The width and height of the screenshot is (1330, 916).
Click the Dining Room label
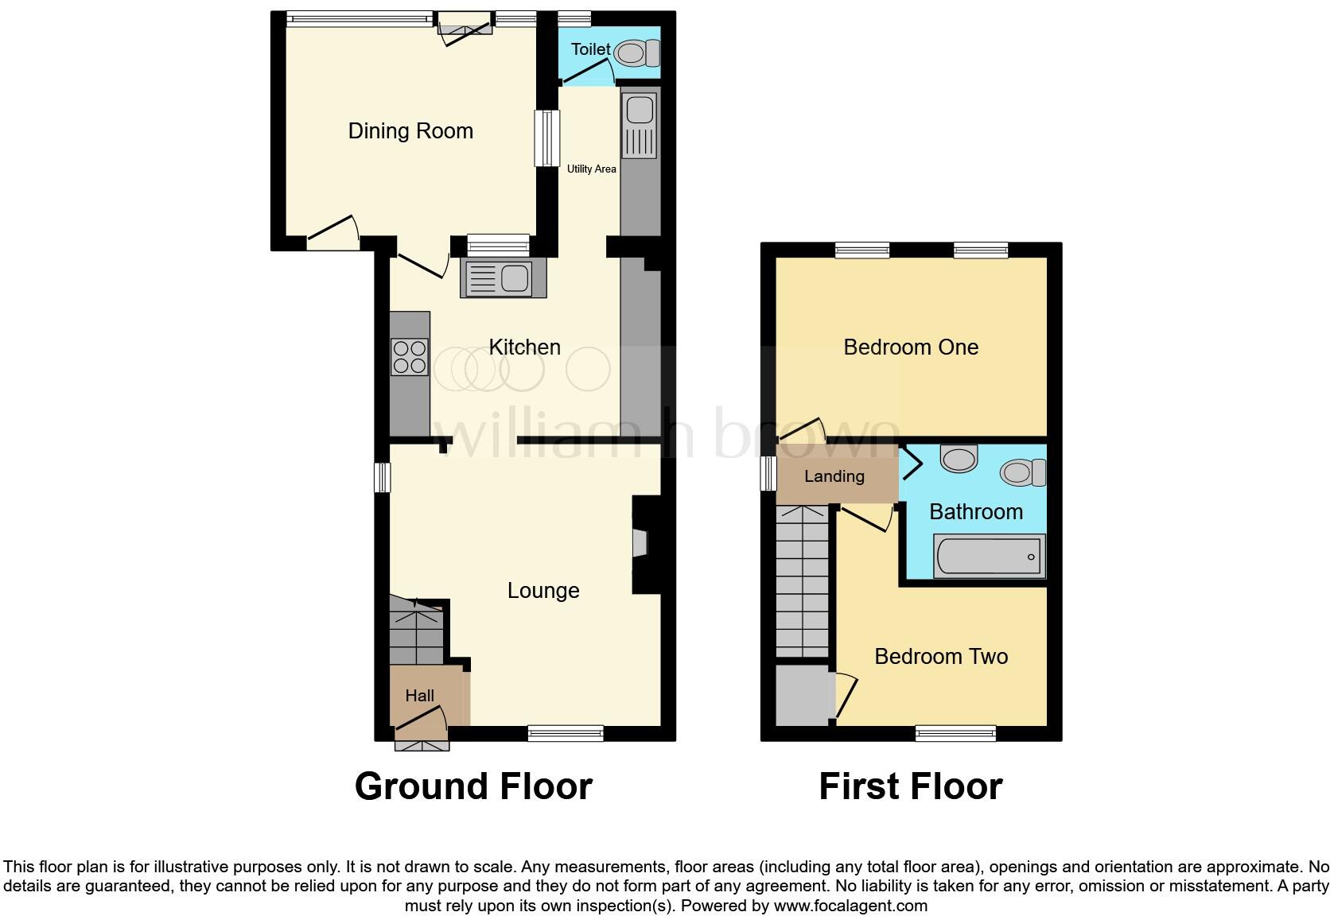[410, 131]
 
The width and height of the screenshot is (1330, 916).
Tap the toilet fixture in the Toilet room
[636, 53]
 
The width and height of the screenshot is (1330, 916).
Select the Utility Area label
[591, 169]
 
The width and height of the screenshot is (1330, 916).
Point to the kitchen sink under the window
[503, 279]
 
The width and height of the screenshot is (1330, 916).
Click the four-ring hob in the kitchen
[410, 357]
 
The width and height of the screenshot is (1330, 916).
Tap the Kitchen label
[524, 347]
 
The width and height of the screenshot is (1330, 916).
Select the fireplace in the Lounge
[640, 544]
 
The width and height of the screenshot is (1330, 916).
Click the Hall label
[419, 696]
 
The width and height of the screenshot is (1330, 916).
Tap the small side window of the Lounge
[383, 477]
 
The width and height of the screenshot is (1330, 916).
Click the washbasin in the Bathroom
[959, 458]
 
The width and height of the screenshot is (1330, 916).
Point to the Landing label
[834, 476]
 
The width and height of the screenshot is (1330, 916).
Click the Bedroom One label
[911, 347]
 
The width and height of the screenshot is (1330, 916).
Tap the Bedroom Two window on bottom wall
[955, 732]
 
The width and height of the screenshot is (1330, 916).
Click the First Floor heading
[910, 786]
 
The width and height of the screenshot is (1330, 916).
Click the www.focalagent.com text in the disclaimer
[850, 906]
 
